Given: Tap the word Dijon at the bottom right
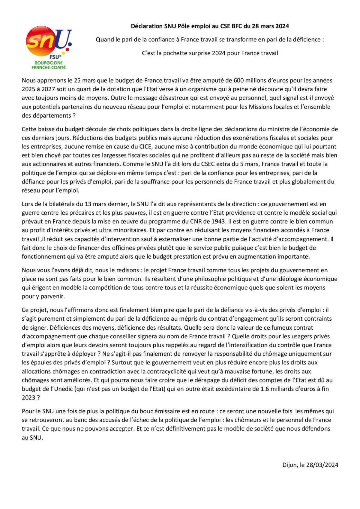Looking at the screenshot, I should click(x=289, y=465).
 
